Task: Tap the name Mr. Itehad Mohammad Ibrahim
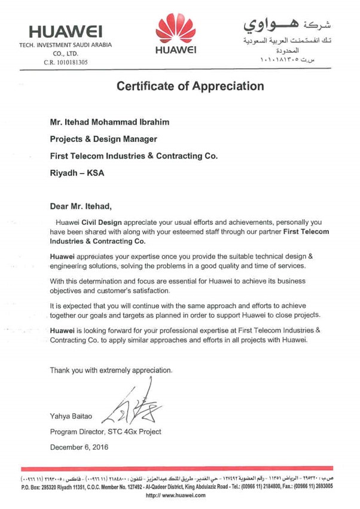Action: coord(110,123)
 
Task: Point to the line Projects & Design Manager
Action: coord(104,139)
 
